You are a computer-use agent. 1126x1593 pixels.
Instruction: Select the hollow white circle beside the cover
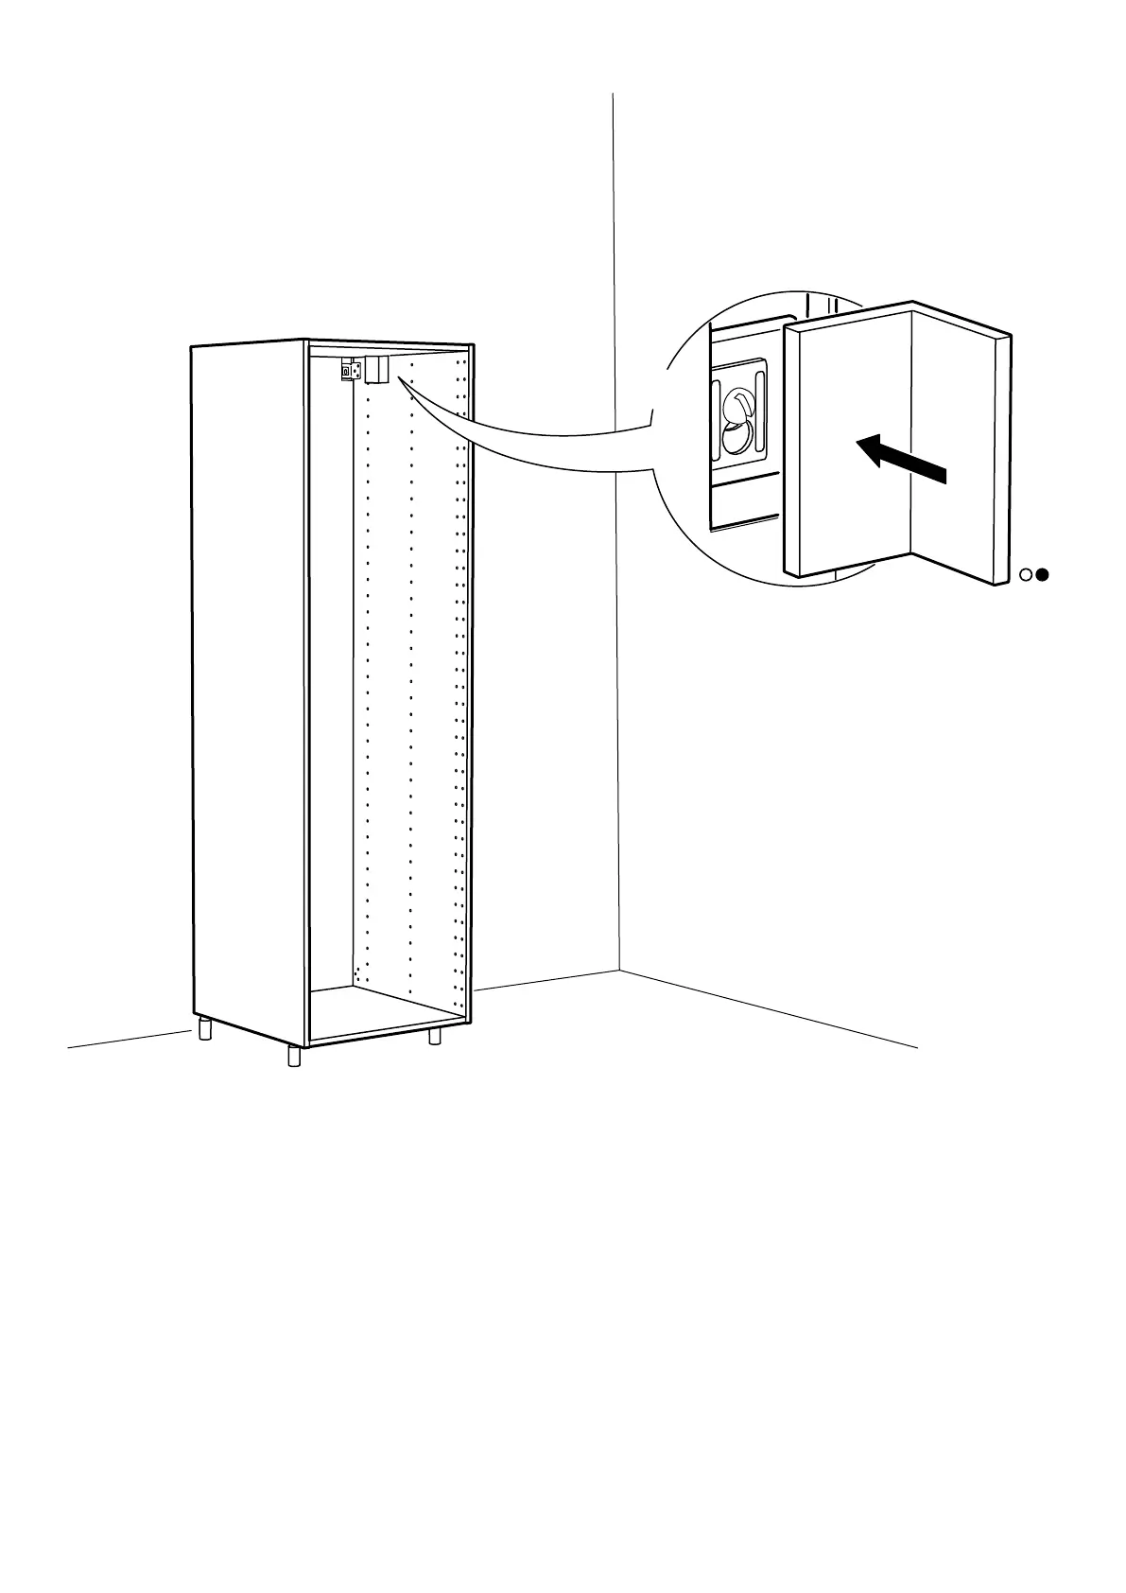[1027, 574]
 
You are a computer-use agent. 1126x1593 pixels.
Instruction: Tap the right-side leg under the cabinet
[435, 1036]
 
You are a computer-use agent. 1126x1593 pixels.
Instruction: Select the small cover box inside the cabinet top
[377, 371]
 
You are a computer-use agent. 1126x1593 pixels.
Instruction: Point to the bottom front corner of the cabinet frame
[308, 1043]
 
